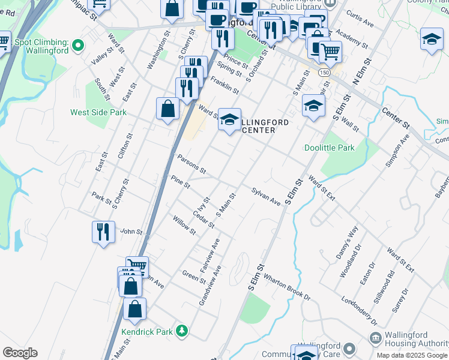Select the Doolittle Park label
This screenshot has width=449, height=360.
pos(329,148)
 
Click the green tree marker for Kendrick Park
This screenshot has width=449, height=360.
pos(181,331)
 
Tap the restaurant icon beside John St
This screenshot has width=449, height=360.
pos(103,232)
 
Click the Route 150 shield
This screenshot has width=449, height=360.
pos(324,72)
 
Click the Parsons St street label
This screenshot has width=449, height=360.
pos(192,164)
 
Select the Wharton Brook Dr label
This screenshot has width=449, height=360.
pos(286,287)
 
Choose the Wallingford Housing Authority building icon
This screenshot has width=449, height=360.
pos(375,339)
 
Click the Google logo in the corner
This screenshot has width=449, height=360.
pos(20,353)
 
